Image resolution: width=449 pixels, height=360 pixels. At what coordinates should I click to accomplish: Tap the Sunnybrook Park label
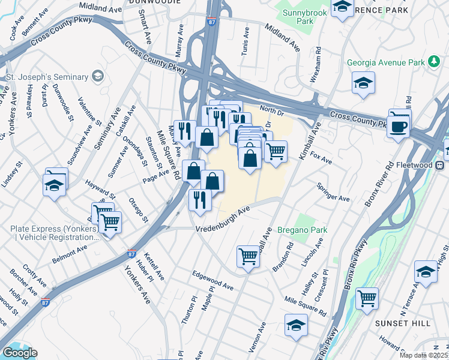(x=297, y=16)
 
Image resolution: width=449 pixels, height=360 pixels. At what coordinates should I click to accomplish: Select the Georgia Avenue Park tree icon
(x=433, y=62)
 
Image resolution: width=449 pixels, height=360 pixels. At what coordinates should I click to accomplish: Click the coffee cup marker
(x=399, y=126)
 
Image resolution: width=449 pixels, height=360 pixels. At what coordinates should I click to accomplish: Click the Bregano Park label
(x=301, y=230)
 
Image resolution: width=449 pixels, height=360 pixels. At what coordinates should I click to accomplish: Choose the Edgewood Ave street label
(x=212, y=280)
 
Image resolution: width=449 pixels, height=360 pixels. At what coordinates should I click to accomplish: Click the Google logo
(x=20, y=353)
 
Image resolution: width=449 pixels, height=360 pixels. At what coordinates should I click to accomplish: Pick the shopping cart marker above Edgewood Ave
(x=248, y=257)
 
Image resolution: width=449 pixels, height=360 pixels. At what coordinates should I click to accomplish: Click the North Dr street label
(x=271, y=110)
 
